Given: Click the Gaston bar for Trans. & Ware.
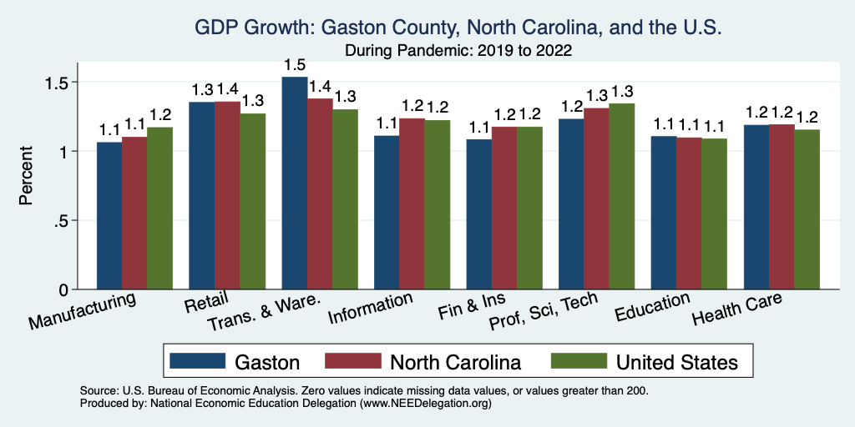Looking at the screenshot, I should [295, 183].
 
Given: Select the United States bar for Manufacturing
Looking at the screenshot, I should [159, 208].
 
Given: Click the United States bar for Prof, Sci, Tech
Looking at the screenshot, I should [621, 197].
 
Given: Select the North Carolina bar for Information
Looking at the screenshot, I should [412, 204].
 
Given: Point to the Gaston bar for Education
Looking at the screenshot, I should [664, 213].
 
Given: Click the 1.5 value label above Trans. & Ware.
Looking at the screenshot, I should [295, 64].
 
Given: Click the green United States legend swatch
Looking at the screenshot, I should [578, 361].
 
